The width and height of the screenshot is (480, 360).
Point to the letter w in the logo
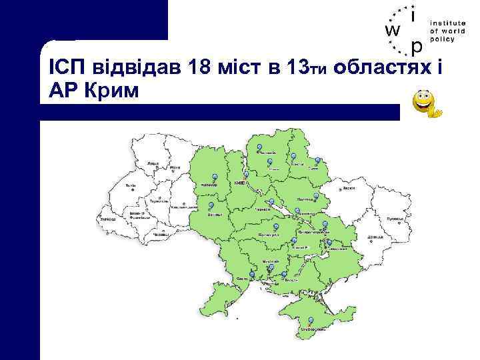pyautogui.click(x=394, y=31)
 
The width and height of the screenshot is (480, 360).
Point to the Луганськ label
pyautogui.click(x=396, y=217)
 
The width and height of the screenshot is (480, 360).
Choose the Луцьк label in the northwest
pyautogui.click(x=153, y=162)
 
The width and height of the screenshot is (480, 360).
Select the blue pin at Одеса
pyautogui.click(x=253, y=273)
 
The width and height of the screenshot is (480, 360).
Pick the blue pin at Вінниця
pyautogui.click(x=211, y=205)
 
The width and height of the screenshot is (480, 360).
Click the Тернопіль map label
pyautogui.click(x=159, y=200)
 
